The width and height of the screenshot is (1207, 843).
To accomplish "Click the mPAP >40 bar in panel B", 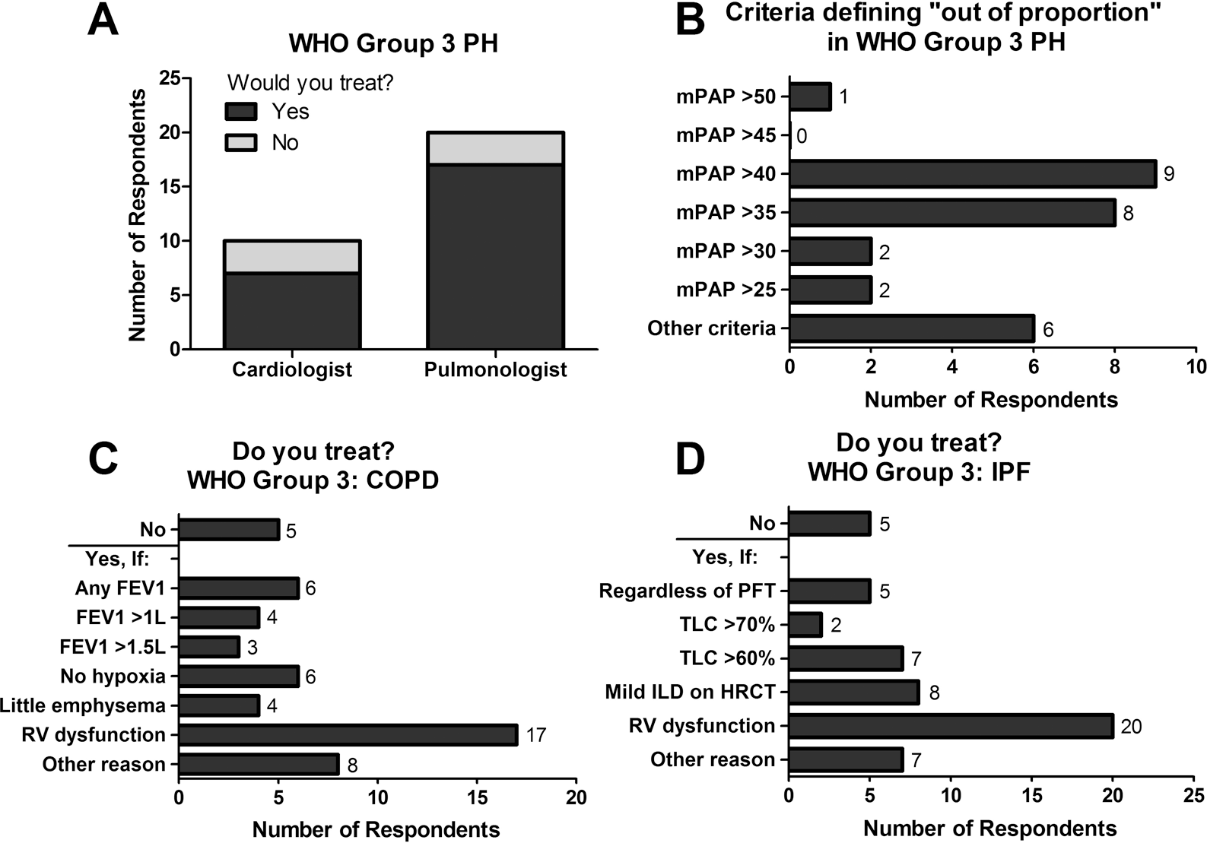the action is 974,174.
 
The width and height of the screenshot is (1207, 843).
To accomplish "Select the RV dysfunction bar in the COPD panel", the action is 348,735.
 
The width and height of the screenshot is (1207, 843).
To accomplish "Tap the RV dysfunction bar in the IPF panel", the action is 951,726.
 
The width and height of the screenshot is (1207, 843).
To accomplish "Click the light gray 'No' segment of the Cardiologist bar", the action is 292,257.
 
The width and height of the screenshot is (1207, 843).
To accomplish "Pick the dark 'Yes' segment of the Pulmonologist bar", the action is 495,256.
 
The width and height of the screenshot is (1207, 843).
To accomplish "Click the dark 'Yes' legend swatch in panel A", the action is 241,112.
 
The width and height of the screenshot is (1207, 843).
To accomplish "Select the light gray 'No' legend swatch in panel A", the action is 241,143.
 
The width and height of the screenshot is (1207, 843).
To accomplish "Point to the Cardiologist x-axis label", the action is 292,370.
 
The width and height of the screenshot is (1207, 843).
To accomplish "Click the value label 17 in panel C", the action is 536,735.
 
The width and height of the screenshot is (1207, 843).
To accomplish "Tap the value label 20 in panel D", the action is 1130,727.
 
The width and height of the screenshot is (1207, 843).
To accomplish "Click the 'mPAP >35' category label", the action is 726,213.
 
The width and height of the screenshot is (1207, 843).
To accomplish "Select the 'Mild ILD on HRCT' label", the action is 691,692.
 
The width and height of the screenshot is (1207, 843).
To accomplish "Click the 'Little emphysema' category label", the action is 82,705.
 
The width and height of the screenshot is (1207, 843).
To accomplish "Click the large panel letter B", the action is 690,20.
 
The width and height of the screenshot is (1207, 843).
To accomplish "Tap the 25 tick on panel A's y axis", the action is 170,78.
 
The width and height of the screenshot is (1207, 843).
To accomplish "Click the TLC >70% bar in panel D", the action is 805,624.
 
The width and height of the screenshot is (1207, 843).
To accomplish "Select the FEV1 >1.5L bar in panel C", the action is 209,647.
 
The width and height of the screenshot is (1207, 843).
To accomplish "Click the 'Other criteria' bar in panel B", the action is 912,328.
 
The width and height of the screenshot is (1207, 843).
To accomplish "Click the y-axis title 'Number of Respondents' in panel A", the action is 138,215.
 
